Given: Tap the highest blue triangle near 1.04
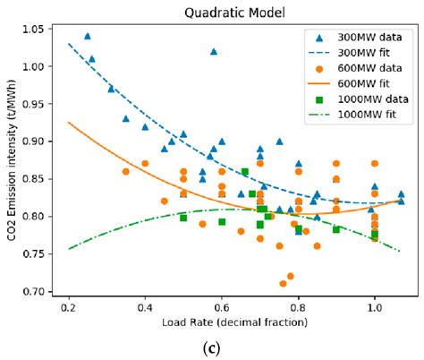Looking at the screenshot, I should tap(88, 36).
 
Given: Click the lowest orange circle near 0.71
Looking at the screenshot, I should tap(283, 284).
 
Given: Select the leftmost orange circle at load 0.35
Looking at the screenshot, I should tap(125, 171).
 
